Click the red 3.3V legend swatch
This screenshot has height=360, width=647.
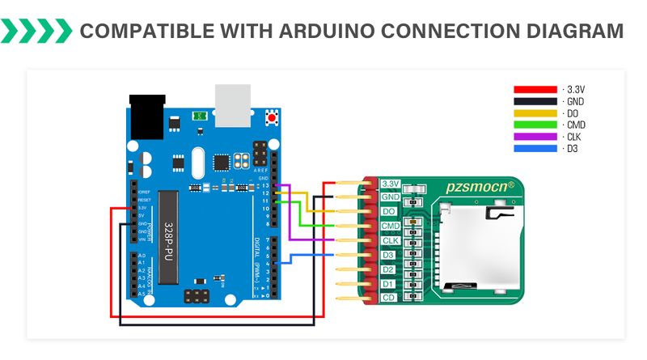click(535, 89)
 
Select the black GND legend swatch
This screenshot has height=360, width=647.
click(535, 101)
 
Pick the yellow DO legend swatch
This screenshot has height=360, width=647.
click(535, 113)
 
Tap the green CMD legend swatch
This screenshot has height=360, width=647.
click(535, 125)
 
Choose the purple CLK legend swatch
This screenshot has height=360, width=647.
click(535, 137)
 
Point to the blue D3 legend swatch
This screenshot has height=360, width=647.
click(535, 149)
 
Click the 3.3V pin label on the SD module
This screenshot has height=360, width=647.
click(391, 183)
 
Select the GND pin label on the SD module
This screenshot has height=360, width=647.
click(391, 197)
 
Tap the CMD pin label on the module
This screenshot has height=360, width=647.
click(391, 226)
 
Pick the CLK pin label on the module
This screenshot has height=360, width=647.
click(391, 240)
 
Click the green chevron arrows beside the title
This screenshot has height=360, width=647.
click(36, 32)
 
